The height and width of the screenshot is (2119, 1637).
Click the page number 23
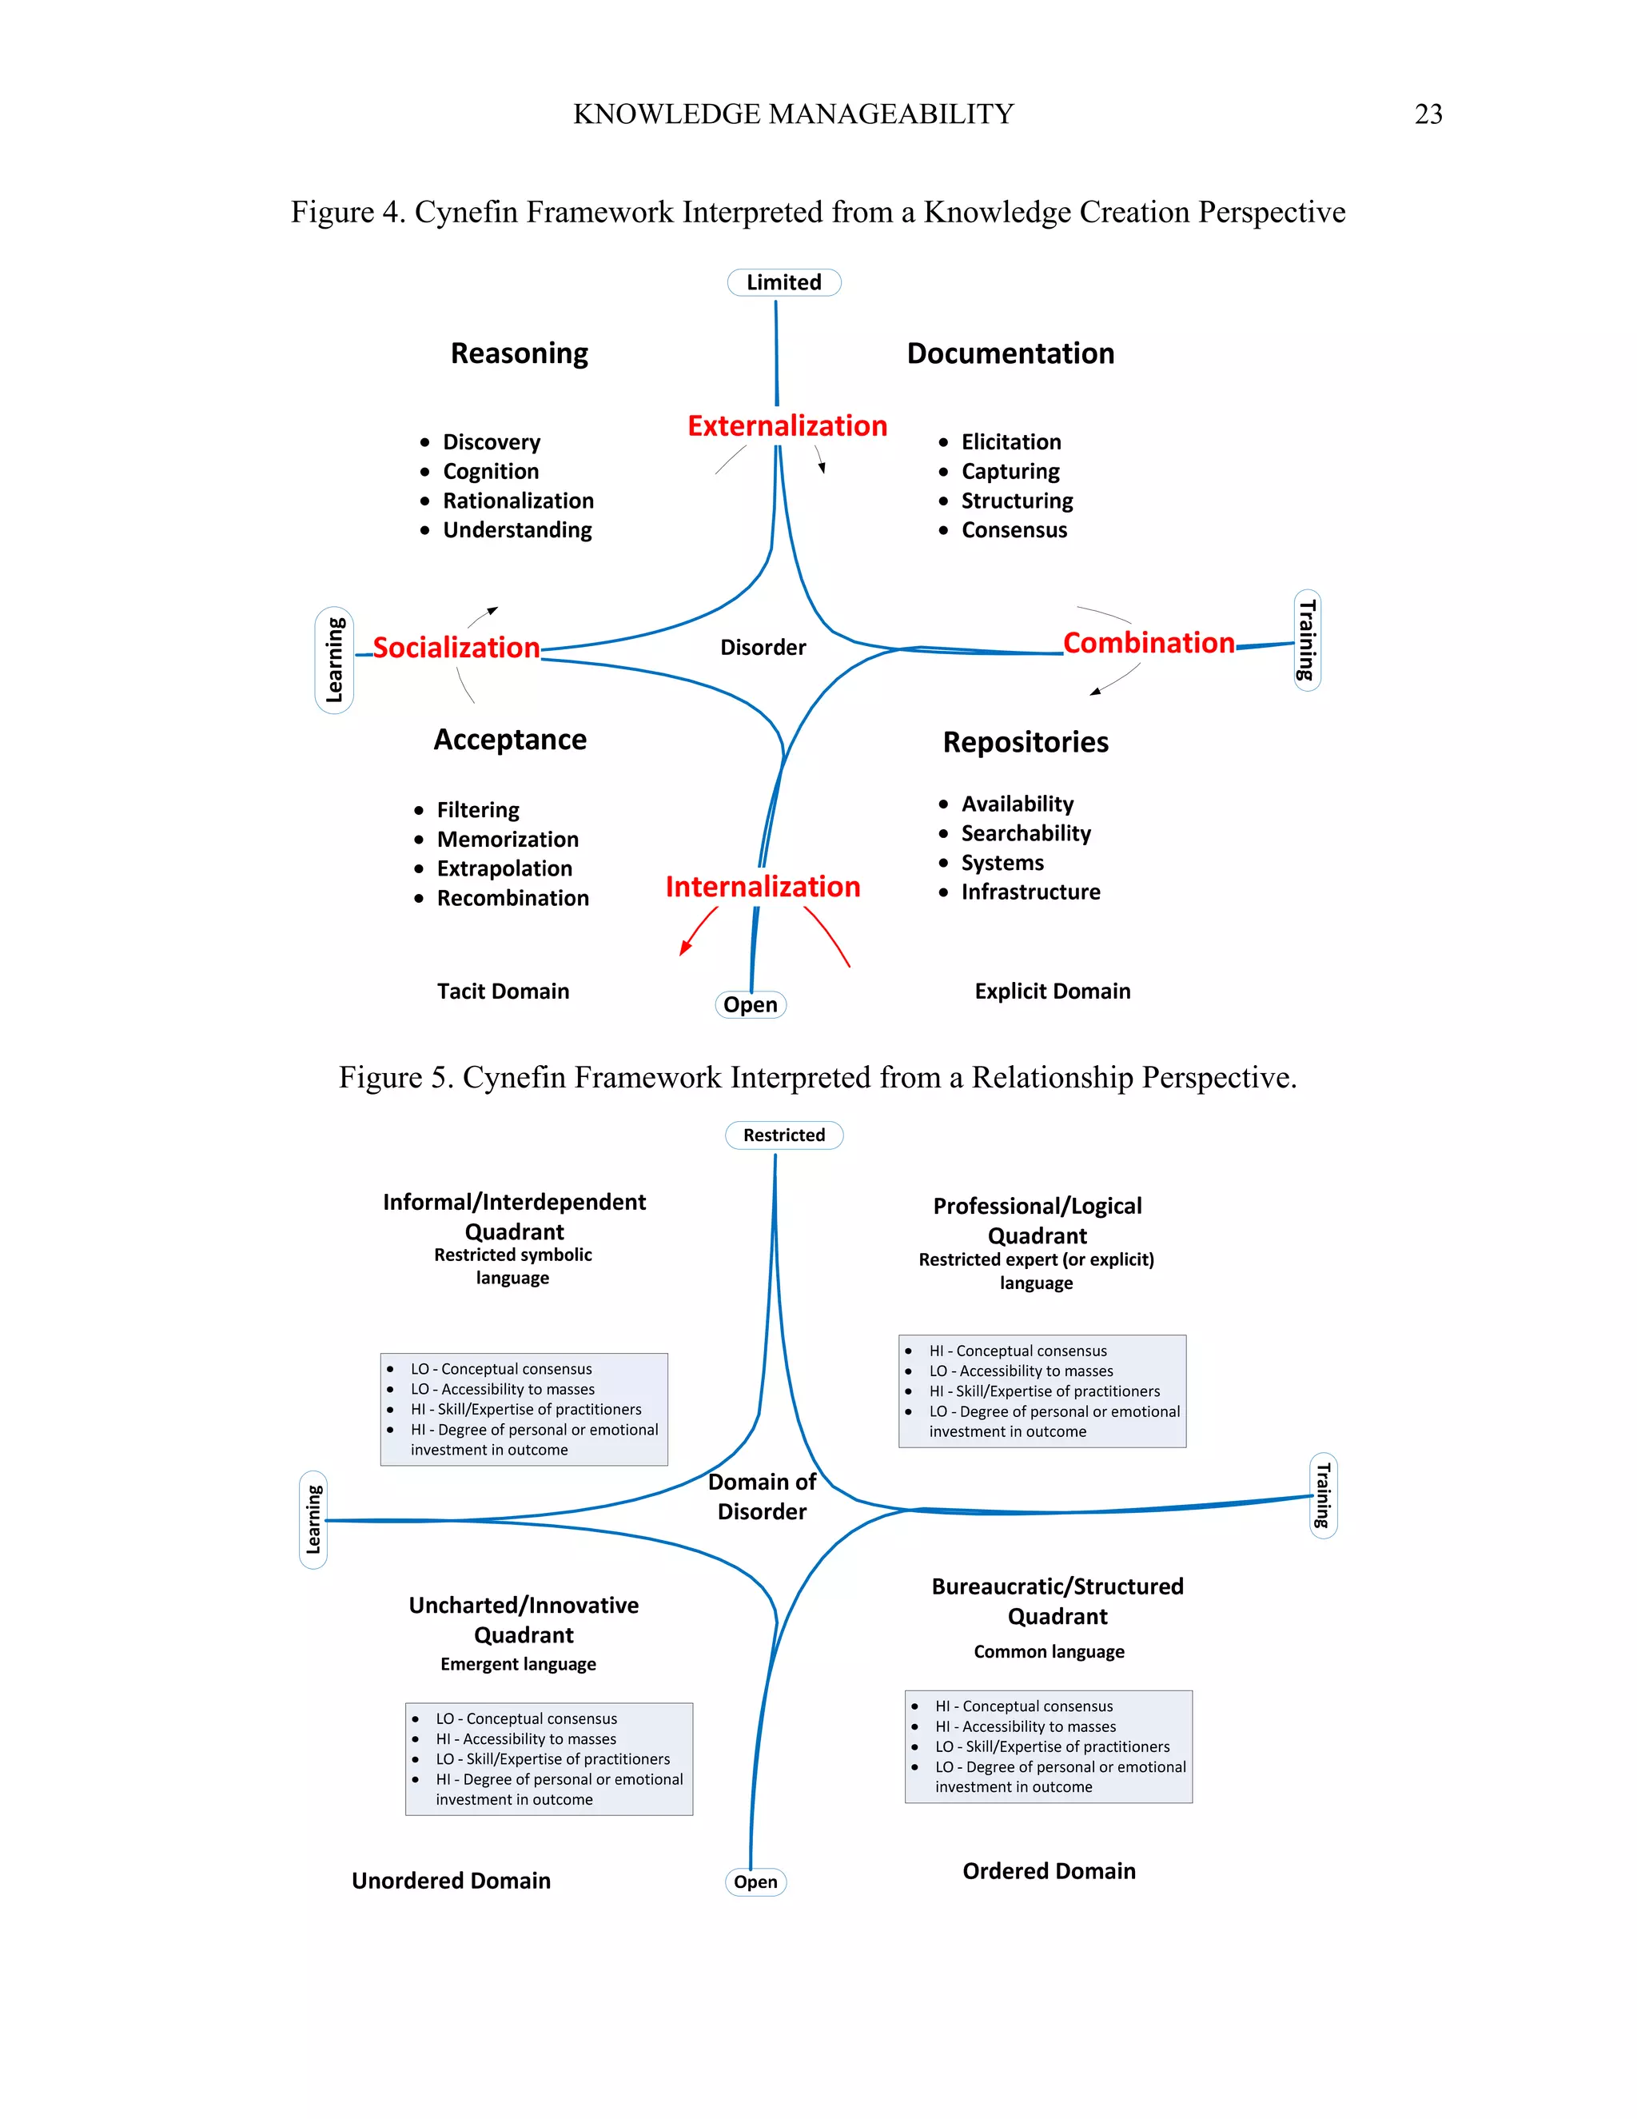tap(1428, 114)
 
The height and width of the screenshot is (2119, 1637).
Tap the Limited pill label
tap(783, 282)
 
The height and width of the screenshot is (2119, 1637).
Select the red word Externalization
tap(787, 426)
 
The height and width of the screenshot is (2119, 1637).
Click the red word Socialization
tap(456, 647)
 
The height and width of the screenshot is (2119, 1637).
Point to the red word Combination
tap(1149, 642)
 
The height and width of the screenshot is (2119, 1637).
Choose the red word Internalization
tap(763, 887)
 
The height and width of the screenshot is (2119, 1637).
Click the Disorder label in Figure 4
tap(763, 647)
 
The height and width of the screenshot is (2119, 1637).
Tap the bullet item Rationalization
tap(518, 501)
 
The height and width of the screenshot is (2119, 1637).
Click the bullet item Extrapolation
tap(504, 868)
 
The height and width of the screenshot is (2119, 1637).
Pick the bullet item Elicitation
tap(1010, 442)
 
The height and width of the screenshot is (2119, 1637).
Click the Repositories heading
tap(1025, 742)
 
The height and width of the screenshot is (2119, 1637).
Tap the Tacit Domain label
tap(502, 991)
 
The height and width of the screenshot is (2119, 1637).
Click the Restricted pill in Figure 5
tap(783, 1135)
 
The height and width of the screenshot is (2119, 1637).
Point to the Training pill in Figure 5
tap(1323, 1495)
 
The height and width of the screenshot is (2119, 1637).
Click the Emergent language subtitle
tap(518, 1664)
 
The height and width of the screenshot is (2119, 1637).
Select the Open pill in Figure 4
tap(750, 1004)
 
